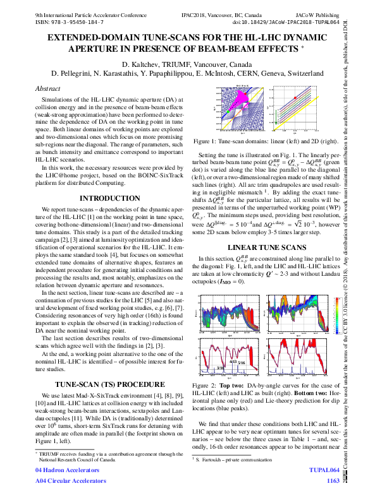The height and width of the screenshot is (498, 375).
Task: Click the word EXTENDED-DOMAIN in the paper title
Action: (89, 38)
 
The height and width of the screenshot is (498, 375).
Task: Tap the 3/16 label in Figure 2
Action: (220, 367)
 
